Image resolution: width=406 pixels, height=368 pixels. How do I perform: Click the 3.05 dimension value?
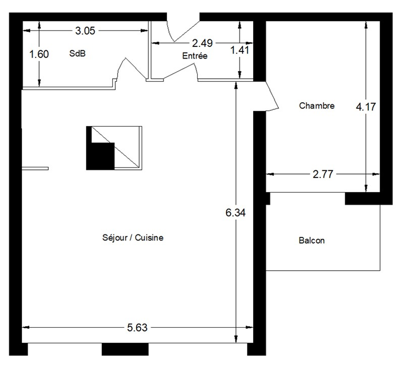tap(85, 31)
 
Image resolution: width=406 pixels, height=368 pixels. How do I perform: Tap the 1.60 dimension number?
tap(39, 54)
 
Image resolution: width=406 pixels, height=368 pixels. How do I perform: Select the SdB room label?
tap(77, 53)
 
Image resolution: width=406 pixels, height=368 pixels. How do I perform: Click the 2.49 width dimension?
tap(202, 43)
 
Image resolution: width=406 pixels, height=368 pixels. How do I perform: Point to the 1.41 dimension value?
tap(240, 50)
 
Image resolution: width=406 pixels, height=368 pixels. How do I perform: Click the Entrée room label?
tap(195, 55)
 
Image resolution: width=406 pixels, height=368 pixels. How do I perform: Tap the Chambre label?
tap(317, 105)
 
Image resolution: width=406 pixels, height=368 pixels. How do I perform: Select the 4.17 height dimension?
tap(366, 107)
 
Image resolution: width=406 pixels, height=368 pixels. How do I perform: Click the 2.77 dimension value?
tap(323, 174)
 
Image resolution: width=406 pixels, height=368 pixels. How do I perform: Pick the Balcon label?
tap(312, 241)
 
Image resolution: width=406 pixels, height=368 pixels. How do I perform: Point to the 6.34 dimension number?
tap(235, 213)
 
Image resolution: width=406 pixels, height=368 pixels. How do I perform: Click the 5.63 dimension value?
tap(137, 328)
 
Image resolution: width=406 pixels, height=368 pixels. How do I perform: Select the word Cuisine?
tap(149, 238)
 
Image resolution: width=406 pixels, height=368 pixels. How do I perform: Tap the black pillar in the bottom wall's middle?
tap(125, 349)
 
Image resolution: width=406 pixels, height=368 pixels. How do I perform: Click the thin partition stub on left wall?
tap(35, 169)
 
